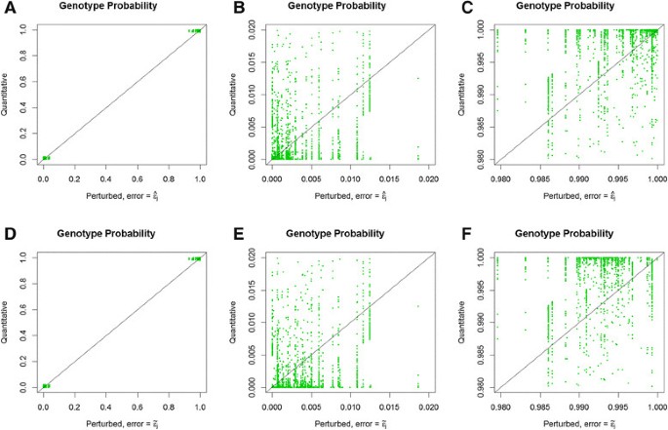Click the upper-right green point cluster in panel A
[x=195, y=30]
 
